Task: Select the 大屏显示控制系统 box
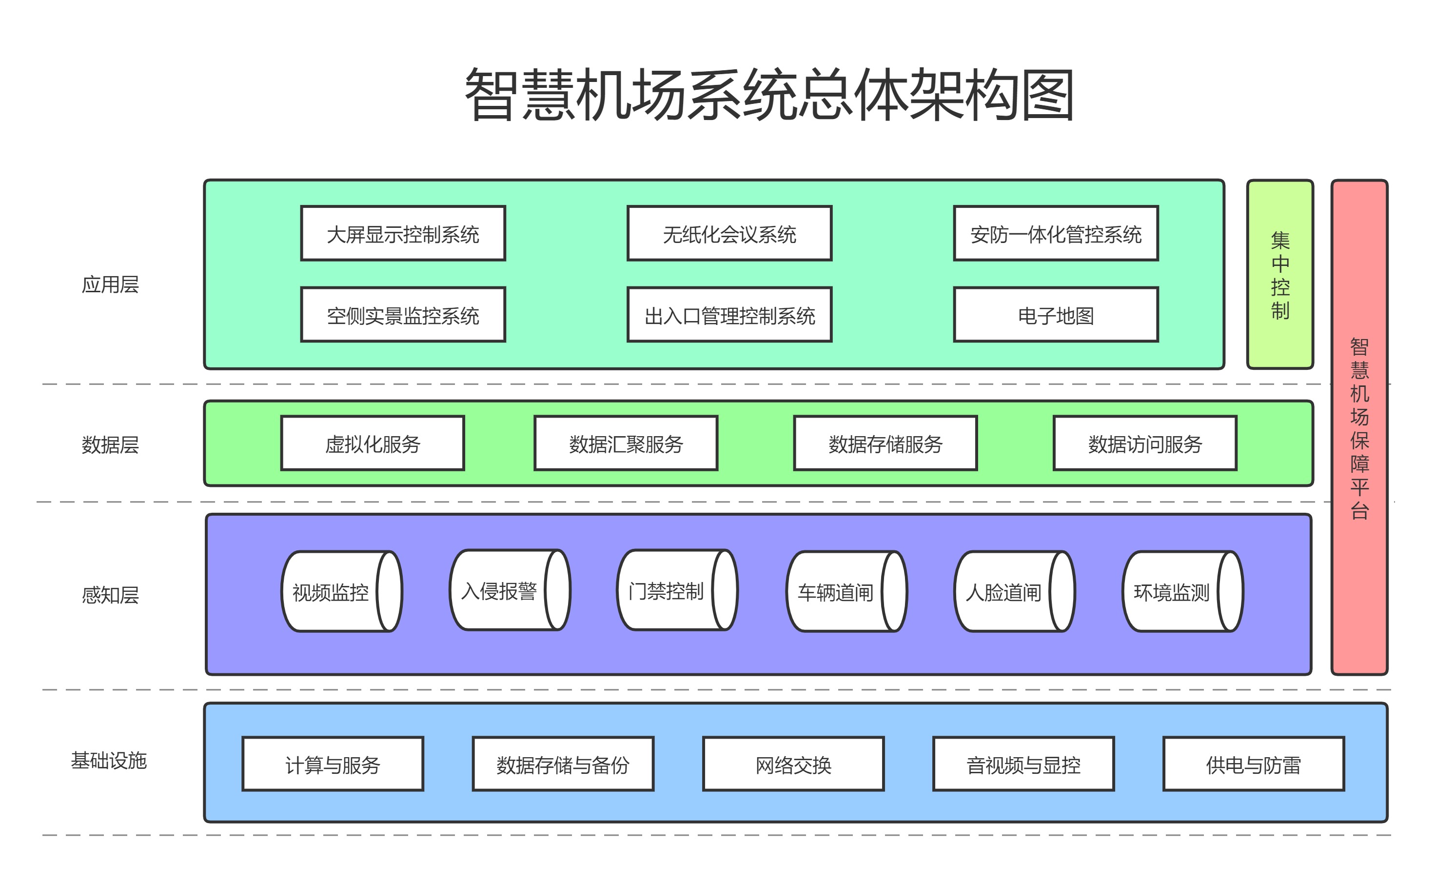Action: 403,234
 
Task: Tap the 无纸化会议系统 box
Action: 729,234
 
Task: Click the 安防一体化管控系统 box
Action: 1056,234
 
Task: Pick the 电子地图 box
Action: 1056,315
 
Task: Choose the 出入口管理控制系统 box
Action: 729,315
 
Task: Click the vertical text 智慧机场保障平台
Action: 1359,428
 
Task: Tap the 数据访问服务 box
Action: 1145,443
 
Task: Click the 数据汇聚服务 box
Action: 626,443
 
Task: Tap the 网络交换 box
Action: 793,765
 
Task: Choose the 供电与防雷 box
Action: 1253,765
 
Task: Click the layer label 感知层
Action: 110,595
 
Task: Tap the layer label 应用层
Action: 110,284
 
